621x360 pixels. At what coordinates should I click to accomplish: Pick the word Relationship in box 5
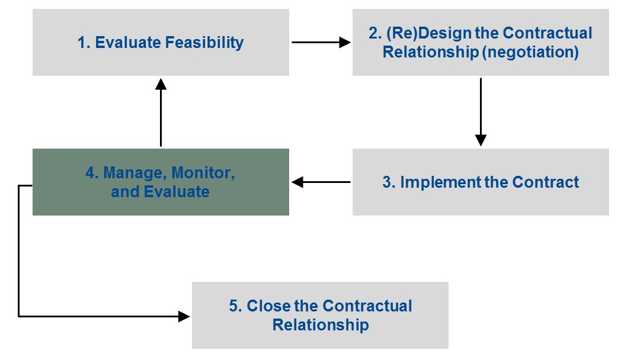[x=321, y=324]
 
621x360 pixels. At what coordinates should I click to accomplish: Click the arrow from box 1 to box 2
[x=321, y=42]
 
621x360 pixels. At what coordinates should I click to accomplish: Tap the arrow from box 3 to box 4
[x=321, y=182]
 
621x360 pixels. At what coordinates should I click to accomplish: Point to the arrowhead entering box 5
[x=184, y=316]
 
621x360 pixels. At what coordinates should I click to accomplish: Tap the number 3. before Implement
[x=389, y=182]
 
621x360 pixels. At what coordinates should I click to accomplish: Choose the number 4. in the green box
[x=92, y=173]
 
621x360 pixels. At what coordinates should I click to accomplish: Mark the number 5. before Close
[x=235, y=306]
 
